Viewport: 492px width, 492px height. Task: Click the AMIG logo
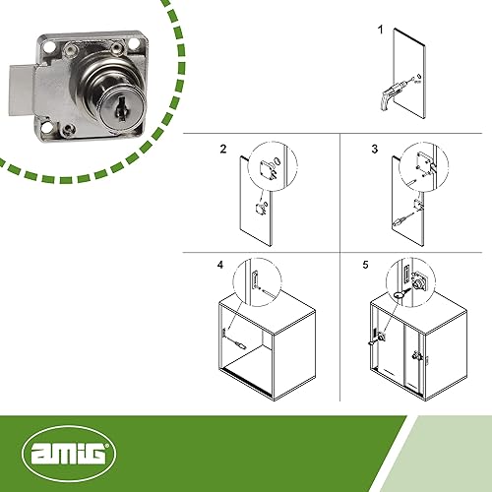[x=69, y=453]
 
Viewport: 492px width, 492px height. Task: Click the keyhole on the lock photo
[x=121, y=109]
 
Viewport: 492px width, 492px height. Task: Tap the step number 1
[x=381, y=30]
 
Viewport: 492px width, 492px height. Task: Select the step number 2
[x=223, y=149]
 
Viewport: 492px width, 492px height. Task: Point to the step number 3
[x=374, y=149]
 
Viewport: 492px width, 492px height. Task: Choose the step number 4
[x=220, y=265]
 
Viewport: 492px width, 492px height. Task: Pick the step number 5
[x=365, y=265]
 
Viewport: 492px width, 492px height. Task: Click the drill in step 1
[x=392, y=94]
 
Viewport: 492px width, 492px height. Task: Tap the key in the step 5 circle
[x=400, y=294]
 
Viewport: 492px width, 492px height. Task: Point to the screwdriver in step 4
[x=237, y=343]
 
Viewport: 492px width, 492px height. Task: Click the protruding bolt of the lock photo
[x=23, y=91]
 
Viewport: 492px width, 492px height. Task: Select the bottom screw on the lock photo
[x=68, y=129]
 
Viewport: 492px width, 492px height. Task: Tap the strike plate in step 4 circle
[x=255, y=278]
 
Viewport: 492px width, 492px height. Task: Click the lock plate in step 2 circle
[x=266, y=168]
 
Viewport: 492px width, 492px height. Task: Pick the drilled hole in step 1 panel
[x=419, y=77]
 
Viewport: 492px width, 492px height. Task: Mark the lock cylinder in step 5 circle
[x=417, y=283]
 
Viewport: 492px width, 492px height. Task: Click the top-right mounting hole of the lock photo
[x=134, y=43]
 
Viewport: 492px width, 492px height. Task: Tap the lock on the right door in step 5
[x=417, y=356]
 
